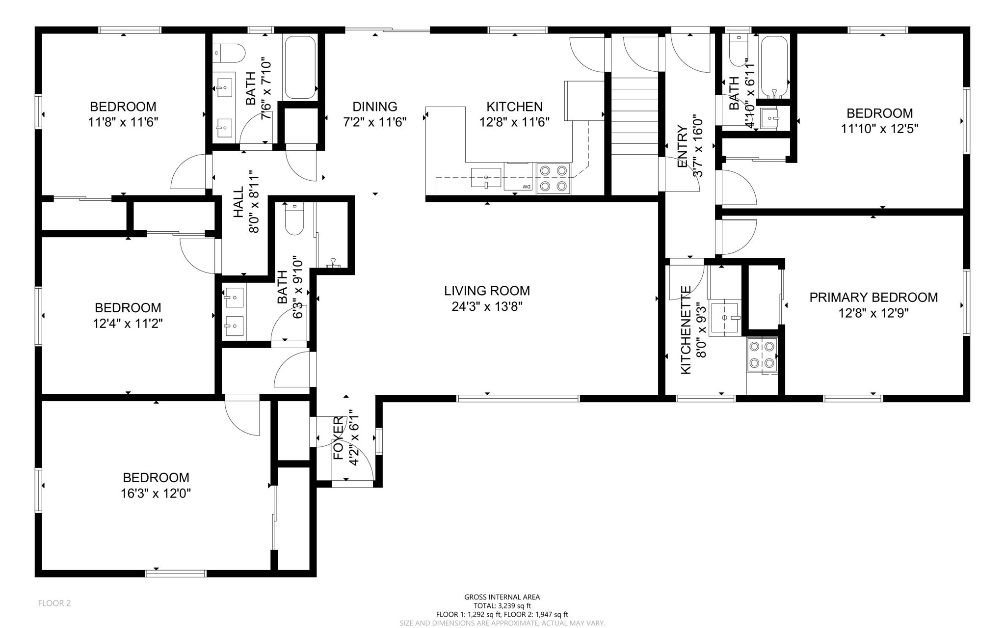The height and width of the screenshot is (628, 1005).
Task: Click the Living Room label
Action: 487,291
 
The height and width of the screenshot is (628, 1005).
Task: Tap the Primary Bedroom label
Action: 873,297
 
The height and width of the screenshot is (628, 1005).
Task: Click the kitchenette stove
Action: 762,354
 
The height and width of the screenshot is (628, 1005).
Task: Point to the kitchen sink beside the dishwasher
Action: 486,178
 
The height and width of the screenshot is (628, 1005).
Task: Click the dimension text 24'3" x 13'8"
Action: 487,307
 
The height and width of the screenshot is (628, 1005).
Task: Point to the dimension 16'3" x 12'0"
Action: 156,493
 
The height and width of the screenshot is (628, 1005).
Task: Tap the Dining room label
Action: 375,106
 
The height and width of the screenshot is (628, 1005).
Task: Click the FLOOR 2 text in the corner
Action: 54,603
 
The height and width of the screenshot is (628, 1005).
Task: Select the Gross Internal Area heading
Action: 502,597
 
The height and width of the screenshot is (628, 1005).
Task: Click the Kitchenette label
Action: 686,330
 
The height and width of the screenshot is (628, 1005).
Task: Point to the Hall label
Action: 238,202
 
